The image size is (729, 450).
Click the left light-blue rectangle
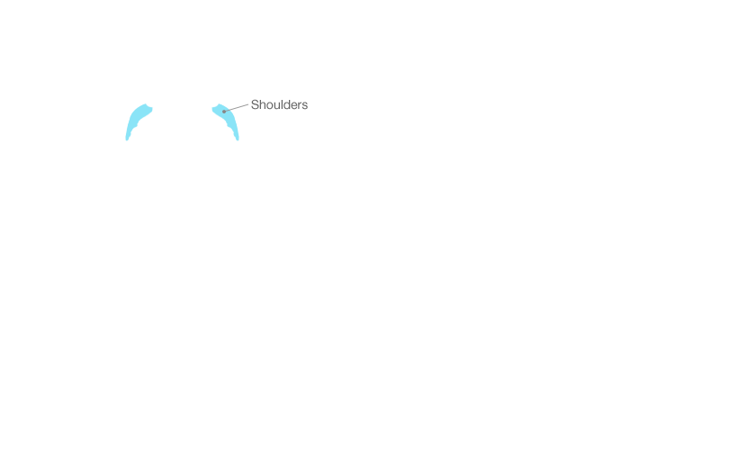[x=139, y=121]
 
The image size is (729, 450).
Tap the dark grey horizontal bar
[x=279, y=104]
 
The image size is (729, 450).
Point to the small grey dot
[x=224, y=112]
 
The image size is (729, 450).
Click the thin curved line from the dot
[x=229, y=110]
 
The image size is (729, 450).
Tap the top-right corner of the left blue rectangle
[x=154, y=103]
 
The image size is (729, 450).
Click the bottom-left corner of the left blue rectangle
[x=125, y=140]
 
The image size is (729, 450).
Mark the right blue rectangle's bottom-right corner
[x=239, y=140]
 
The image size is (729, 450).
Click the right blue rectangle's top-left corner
[x=211, y=103]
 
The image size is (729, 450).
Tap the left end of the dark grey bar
[x=252, y=104]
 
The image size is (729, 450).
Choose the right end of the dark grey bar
[x=307, y=104]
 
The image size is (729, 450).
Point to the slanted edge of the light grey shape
[x=229, y=108]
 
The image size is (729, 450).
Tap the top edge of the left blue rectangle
[x=139, y=103]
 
